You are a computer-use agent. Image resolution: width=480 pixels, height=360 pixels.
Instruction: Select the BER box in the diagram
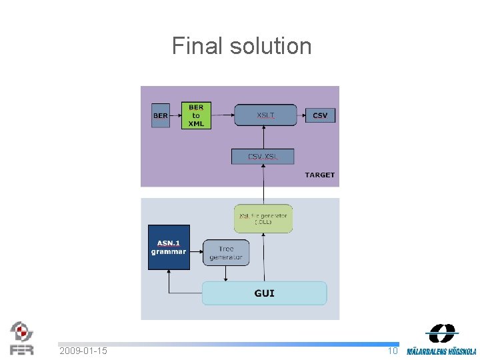click(x=161, y=115)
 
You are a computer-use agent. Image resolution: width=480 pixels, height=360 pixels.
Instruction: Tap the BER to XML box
click(x=196, y=115)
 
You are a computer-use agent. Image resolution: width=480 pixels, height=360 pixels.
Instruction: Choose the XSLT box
click(x=264, y=115)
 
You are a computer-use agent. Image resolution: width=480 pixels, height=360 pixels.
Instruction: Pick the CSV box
click(x=320, y=115)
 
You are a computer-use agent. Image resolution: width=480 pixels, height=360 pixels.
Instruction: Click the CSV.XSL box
click(x=263, y=157)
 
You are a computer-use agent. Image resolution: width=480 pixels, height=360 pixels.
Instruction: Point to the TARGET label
click(x=319, y=175)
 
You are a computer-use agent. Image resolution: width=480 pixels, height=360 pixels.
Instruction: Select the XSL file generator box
click(x=263, y=218)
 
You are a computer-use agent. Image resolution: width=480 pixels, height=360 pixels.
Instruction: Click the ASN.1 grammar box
click(x=169, y=247)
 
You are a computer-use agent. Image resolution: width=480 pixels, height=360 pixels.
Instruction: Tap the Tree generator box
click(x=226, y=253)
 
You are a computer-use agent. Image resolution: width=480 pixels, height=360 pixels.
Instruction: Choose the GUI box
click(x=264, y=293)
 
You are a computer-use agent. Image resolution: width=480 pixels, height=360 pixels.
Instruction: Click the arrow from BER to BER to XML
click(x=175, y=115)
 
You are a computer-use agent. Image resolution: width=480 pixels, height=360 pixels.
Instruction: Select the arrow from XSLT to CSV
click(x=299, y=115)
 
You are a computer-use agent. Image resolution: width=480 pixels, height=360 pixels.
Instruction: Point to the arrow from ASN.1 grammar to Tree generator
click(x=196, y=253)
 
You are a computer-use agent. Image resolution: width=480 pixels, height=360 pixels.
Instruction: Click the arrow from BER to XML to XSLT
click(x=223, y=115)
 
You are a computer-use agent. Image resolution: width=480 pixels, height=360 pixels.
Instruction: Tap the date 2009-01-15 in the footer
click(x=83, y=351)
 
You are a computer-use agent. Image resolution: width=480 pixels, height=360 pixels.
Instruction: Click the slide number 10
click(x=393, y=351)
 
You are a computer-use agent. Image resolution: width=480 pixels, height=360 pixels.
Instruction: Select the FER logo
click(x=21, y=338)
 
